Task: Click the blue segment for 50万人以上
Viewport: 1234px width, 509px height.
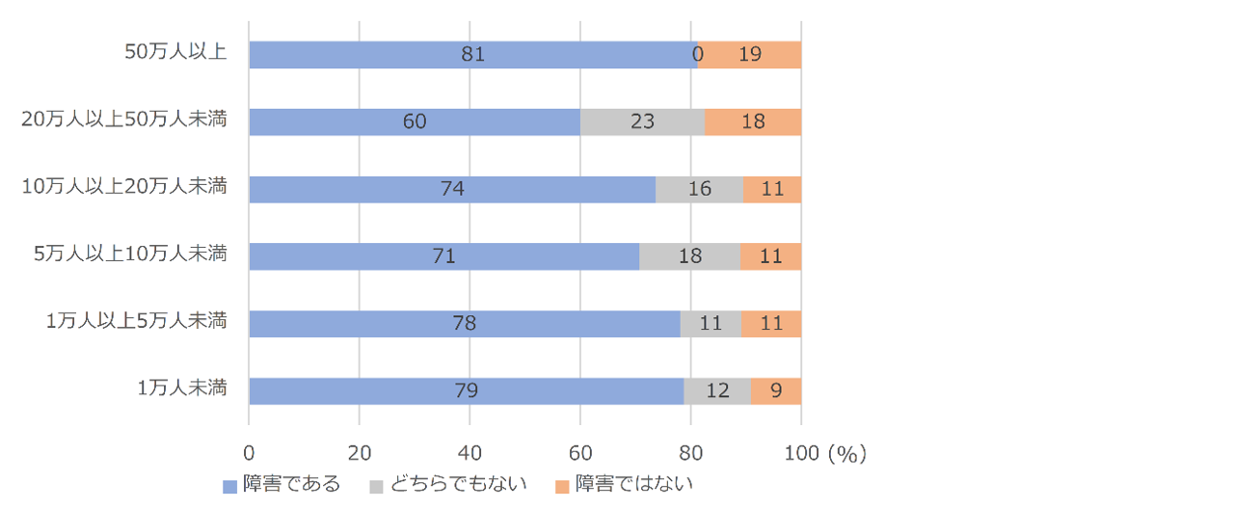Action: pos(472,55)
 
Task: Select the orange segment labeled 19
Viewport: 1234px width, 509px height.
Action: pos(750,55)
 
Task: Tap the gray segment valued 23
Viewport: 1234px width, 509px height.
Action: pos(642,122)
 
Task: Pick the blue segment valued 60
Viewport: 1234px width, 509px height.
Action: pos(415,122)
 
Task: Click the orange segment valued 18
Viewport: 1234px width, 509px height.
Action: pos(753,122)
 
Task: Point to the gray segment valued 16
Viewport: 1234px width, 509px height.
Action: pos(699,190)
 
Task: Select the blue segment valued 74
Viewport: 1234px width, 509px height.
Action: pos(452,190)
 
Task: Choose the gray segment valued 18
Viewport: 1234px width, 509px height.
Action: pos(689,256)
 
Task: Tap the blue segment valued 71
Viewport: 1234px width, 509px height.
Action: pos(443,256)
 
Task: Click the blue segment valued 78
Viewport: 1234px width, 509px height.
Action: pos(465,324)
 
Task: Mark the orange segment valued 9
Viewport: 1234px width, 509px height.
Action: pos(776,391)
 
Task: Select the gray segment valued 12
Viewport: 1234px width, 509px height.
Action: pos(717,391)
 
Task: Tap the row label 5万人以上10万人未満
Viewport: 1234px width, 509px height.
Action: pos(130,254)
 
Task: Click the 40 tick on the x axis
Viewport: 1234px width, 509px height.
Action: pos(469,452)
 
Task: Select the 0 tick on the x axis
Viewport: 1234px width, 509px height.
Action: pos(249,452)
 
